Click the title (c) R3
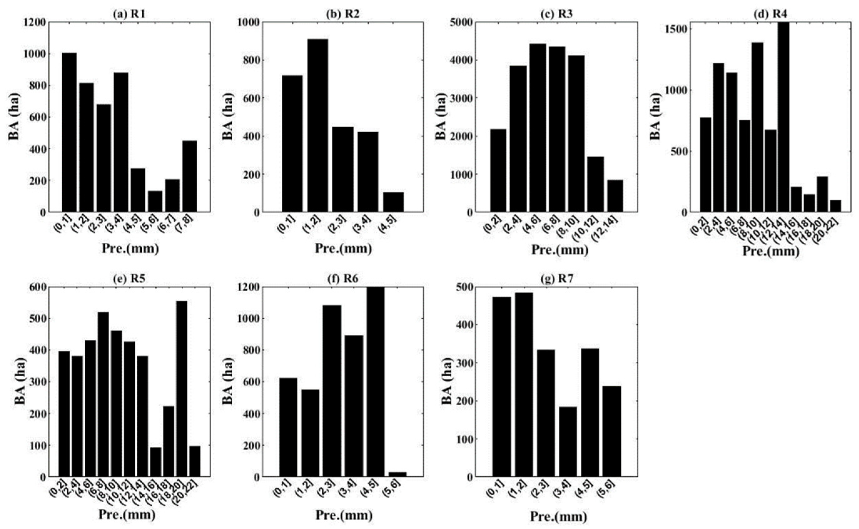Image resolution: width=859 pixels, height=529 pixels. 558,14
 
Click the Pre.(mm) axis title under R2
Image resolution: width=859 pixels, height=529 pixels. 343,249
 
